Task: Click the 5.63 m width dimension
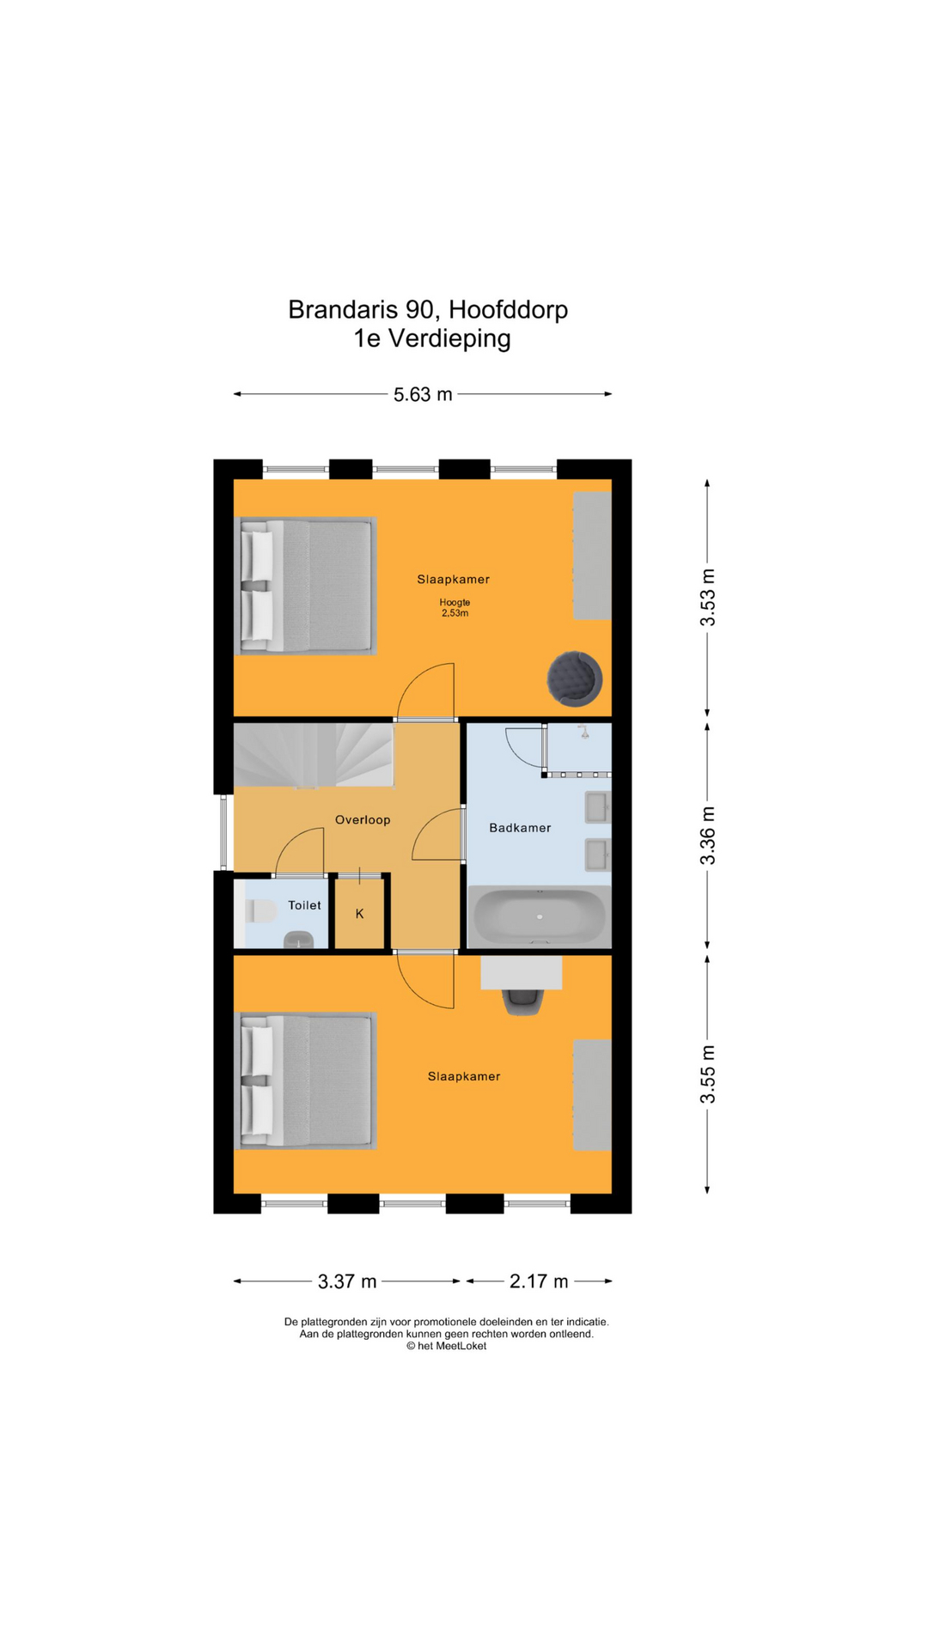click(423, 395)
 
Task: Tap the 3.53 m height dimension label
click(707, 597)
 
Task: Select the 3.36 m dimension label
click(707, 836)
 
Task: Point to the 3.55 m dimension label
click(707, 1074)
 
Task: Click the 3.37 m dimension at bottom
click(347, 1281)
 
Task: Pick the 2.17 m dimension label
click(539, 1281)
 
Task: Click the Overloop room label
click(363, 820)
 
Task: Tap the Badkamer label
click(520, 828)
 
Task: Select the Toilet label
click(304, 905)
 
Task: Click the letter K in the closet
click(359, 914)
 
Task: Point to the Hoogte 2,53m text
click(455, 608)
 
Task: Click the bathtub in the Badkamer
click(539, 916)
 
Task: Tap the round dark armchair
click(574, 678)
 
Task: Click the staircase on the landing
click(314, 755)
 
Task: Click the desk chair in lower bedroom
click(522, 1001)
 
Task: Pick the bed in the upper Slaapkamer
click(306, 586)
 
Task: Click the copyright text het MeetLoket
click(447, 1346)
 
